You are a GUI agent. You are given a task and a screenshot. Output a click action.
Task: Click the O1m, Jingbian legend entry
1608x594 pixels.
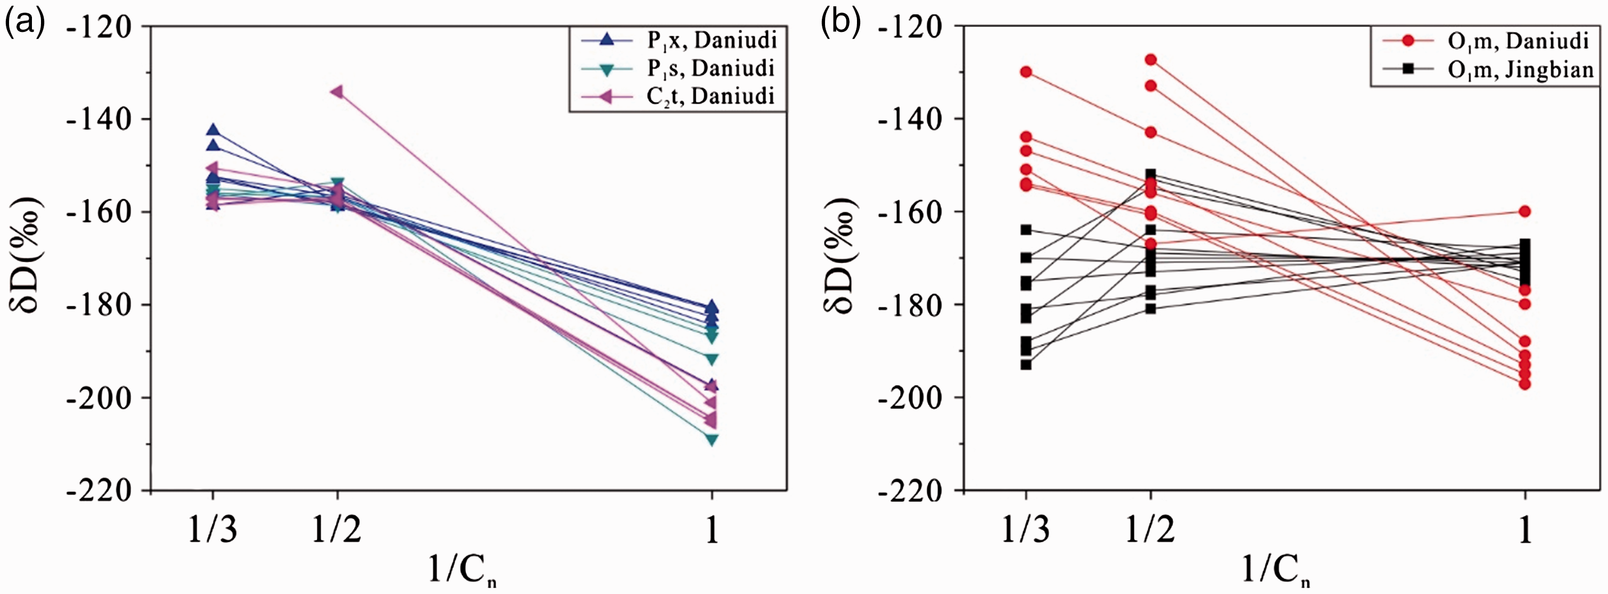1486,69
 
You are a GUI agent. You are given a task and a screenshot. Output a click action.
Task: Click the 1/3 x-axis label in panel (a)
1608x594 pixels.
213,531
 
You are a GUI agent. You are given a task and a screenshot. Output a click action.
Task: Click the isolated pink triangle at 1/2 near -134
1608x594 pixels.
336,91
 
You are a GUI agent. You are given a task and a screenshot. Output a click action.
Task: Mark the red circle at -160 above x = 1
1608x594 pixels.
1524,212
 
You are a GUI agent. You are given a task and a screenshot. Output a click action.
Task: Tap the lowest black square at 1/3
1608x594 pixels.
1026,364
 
